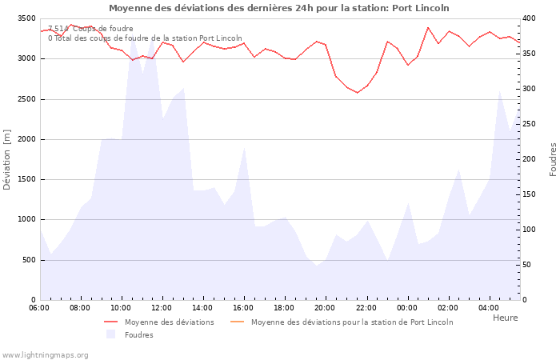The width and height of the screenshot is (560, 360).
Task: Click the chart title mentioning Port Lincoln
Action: (278, 8)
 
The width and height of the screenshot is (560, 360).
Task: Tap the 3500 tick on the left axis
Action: (26, 18)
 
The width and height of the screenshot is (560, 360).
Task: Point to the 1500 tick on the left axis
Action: (26, 179)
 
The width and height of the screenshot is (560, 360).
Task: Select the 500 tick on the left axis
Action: (28, 260)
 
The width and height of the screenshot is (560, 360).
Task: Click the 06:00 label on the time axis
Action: (39, 308)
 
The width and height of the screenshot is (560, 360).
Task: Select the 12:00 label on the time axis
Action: (162, 308)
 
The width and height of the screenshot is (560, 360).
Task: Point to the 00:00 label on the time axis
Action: (406, 308)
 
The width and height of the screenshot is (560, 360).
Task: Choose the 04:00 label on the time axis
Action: (488, 308)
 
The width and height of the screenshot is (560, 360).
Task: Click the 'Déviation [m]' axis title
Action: (7, 158)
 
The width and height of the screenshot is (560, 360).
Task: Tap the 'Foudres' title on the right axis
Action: (553, 159)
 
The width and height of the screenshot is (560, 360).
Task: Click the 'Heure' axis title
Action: (505, 318)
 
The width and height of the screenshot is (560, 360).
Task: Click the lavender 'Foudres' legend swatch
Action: (110, 334)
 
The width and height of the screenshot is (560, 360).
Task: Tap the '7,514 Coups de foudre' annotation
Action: (90, 29)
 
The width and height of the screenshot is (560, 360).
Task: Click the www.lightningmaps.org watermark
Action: (45, 354)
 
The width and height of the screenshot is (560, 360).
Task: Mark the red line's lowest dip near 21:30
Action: (358, 93)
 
